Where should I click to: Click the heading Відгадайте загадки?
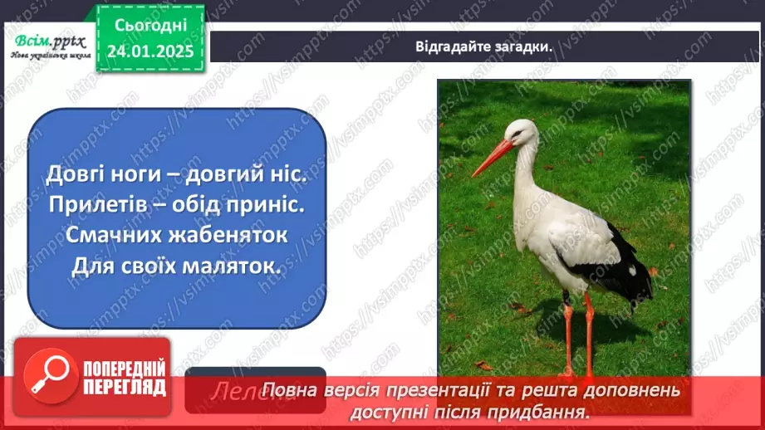[x=485, y=46]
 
